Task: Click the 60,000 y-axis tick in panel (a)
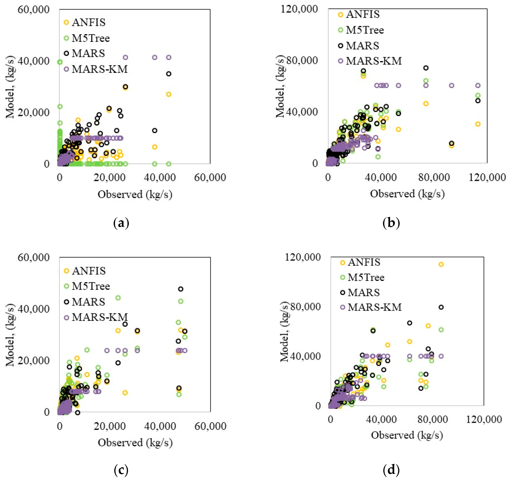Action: coord(33,10)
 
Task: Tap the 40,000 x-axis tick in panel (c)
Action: coord(160,426)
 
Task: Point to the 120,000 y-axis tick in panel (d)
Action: coord(302,257)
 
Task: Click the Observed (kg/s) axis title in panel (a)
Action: coord(135,194)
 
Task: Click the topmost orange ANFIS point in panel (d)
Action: coord(441,264)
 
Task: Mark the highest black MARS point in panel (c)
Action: coord(181,289)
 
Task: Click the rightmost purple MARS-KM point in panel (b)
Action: coord(478,85)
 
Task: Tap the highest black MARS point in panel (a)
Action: coord(168,74)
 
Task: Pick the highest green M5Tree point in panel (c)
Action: coord(118,298)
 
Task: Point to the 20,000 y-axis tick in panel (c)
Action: coord(33,360)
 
